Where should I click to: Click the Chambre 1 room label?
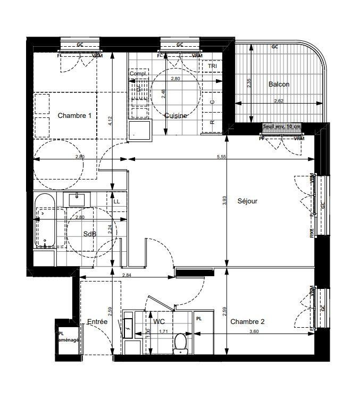point(74,116)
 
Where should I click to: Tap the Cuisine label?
point(175,116)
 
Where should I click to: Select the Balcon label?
point(279,84)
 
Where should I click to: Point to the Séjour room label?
point(247,201)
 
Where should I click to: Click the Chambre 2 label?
point(247,321)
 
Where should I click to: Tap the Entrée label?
point(97,322)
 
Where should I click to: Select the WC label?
point(159,322)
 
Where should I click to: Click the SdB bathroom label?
point(89,234)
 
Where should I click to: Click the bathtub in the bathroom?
point(45,220)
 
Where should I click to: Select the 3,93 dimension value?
point(225,201)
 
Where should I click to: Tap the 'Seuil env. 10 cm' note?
point(282,127)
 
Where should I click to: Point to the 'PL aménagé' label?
point(68,337)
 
